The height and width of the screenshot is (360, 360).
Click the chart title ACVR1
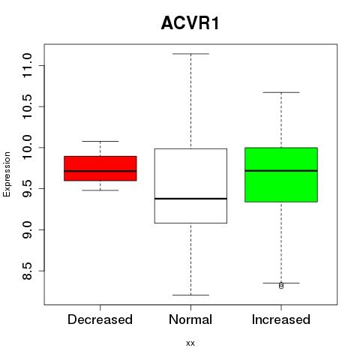point(190,23)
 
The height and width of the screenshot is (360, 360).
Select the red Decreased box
point(100,168)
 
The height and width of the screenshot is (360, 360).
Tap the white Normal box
point(190,186)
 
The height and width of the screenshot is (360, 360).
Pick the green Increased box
point(281,175)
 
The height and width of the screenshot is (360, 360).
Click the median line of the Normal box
point(190,199)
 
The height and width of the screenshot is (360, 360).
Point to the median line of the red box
point(100,171)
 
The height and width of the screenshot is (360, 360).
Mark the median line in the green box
point(281,171)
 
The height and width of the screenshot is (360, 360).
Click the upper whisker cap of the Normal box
point(190,54)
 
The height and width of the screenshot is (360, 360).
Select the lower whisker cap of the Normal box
point(190,295)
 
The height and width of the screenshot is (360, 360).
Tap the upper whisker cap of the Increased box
point(281,92)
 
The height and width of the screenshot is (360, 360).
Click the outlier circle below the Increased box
point(281,286)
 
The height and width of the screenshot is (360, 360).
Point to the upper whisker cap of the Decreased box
point(100,141)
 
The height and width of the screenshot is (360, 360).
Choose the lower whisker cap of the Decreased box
point(100,190)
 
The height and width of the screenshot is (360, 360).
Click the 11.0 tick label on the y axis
point(27,65)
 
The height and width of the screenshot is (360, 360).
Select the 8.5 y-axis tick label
point(27,271)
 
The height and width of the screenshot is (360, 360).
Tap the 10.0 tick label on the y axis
point(27,148)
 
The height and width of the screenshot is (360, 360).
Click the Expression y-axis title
point(7,174)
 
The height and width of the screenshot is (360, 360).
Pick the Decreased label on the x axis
point(100,319)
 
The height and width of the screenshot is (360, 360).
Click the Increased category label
point(281,319)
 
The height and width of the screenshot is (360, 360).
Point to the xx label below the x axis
point(190,343)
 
